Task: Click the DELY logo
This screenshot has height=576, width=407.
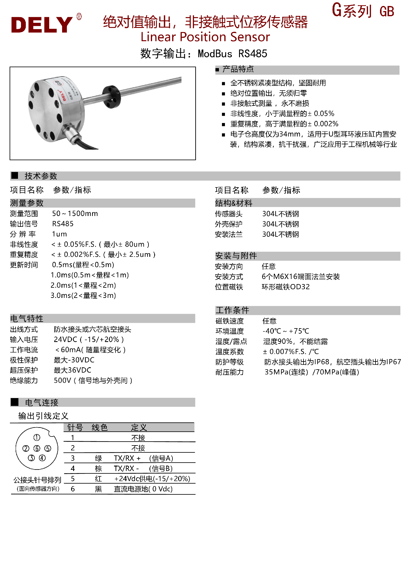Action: pyautogui.click(x=42, y=25)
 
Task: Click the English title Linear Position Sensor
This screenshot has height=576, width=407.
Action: pyautogui.click(x=205, y=37)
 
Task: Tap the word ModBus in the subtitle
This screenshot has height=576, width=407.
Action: pyautogui.click(x=215, y=54)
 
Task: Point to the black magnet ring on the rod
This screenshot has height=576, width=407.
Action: pyautogui.click(x=111, y=96)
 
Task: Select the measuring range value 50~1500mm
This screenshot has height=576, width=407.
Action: pyautogui.click(x=75, y=214)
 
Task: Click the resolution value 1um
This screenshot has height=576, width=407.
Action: pyautogui.click(x=59, y=234)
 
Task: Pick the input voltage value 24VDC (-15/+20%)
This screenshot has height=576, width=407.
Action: pyautogui.click(x=88, y=340)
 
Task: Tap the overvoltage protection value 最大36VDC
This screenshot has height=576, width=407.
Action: pyautogui.click(x=72, y=370)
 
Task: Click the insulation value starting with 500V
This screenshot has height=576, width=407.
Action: pyautogui.click(x=93, y=380)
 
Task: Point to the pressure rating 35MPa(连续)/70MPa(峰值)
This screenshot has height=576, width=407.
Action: pyautogui.click(x=312, y=372)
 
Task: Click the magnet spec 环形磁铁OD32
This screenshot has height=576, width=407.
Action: pyautogui.click(x=286, y=287)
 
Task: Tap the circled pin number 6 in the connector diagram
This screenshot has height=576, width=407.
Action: pyautogui.click(x=37, y=448)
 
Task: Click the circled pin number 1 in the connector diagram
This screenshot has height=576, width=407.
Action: pyautogui.click(x=37, y=437)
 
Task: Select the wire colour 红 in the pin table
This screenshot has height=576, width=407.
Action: pyautogui.click(x=98, y=479)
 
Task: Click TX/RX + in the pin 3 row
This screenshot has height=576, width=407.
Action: pyautogui.click(x=127, y=458)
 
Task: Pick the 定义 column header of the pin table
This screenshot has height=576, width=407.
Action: pyautogui.click(x=139, y=427)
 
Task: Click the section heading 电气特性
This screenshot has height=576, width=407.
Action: pyautogui.click(x=27, y=319)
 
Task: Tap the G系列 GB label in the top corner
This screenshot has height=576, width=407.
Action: pyautogui.click(x=363, y=11)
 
